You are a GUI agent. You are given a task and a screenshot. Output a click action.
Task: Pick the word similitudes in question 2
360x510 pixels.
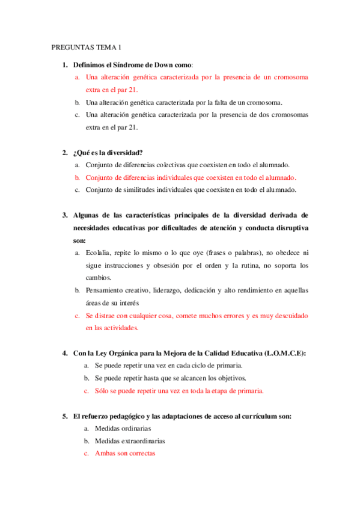pyautogui.click(x=144, y=190)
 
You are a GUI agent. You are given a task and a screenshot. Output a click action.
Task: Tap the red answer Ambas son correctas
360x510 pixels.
pyautogui.click(x=125, y=453)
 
